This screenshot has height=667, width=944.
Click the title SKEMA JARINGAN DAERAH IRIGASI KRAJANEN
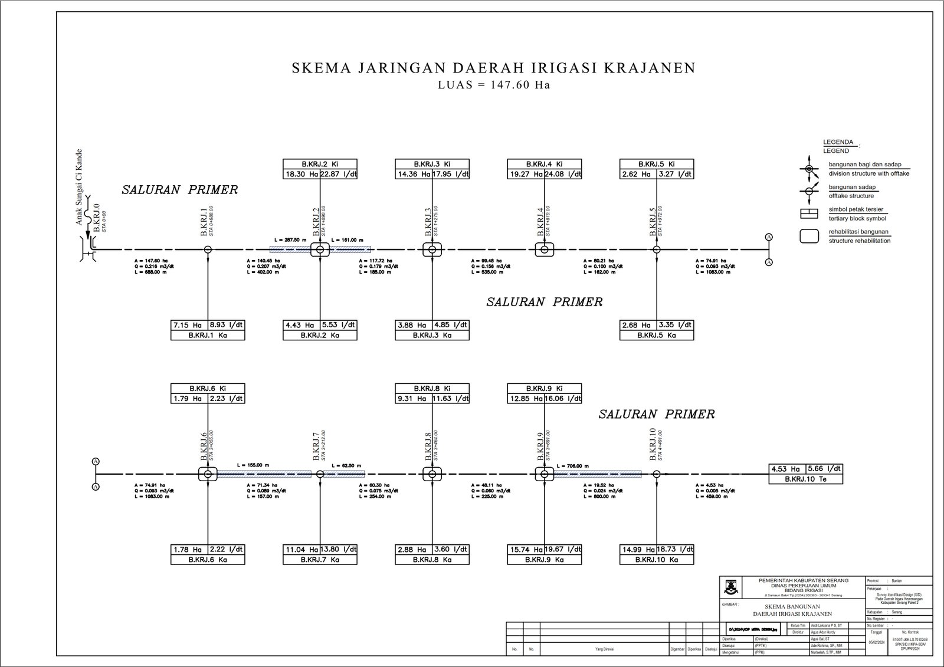[493, 68]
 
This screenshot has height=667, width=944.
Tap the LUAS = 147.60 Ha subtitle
[493, 84]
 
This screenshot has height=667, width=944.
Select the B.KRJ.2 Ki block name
[320, 164]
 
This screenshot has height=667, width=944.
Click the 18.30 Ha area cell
[301, 174]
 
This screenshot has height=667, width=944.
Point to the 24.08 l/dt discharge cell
[563, 174]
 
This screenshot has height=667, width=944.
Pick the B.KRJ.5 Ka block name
[656, 335]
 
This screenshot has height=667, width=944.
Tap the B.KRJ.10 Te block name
[805, 479]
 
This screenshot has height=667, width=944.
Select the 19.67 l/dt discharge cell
[563, 549]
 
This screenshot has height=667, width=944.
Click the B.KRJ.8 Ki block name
[432, 389]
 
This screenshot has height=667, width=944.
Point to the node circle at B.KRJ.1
[208, 249]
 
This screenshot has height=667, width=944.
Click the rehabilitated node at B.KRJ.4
[544, 249]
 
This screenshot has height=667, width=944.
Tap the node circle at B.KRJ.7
[320, 474]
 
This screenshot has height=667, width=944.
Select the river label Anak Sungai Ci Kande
[78, 188]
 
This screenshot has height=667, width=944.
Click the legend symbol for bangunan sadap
[809, 192]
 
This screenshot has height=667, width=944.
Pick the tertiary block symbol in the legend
[809, 213]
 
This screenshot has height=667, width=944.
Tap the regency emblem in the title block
[730, 586]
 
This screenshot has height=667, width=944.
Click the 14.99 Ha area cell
[638, 549]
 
